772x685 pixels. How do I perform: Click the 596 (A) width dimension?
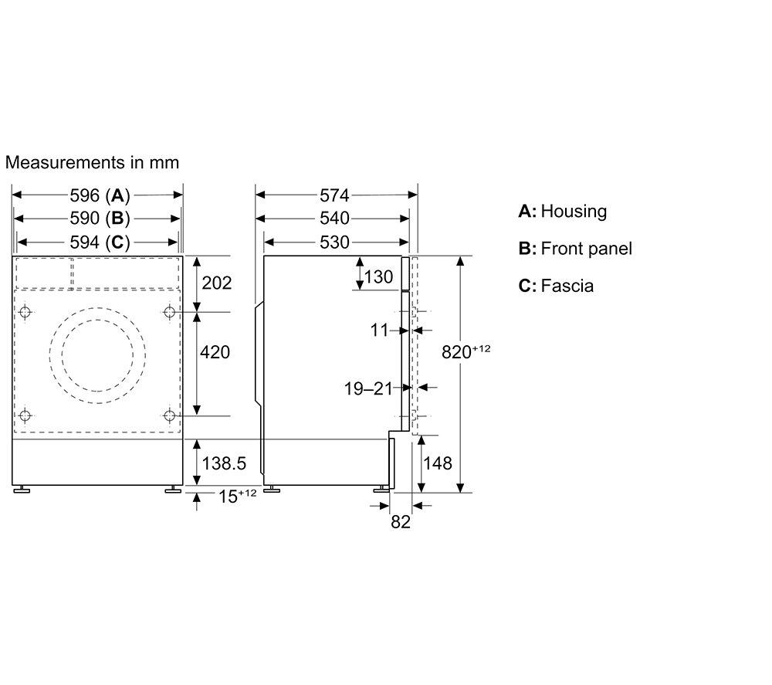pos(100,195)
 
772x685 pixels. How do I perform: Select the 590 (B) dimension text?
pos(100,218)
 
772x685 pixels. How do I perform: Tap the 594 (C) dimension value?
pos(100,242)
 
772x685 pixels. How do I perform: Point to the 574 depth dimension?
pos(334,195)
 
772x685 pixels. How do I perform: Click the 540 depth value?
pos(334,218)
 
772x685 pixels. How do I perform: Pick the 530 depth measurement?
pos(334,242)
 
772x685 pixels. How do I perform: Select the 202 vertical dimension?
pos(217,283)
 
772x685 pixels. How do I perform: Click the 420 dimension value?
pos(215,352)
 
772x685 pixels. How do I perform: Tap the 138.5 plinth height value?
pos(224,463)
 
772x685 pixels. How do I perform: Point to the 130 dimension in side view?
pos(378,276)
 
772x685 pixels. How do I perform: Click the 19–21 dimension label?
pos(368,388)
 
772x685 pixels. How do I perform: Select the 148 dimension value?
pos(438,463)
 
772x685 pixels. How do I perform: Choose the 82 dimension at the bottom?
pos(400,522)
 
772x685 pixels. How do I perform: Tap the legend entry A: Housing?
pos(563,212)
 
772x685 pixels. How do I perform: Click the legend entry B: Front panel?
pos(575,249)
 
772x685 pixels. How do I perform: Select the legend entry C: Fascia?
pos(556,286)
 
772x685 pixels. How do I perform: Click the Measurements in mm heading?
pos(92,162)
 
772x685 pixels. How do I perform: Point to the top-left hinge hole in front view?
pos(25,312)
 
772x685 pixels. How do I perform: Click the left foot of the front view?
pos(21,490)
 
